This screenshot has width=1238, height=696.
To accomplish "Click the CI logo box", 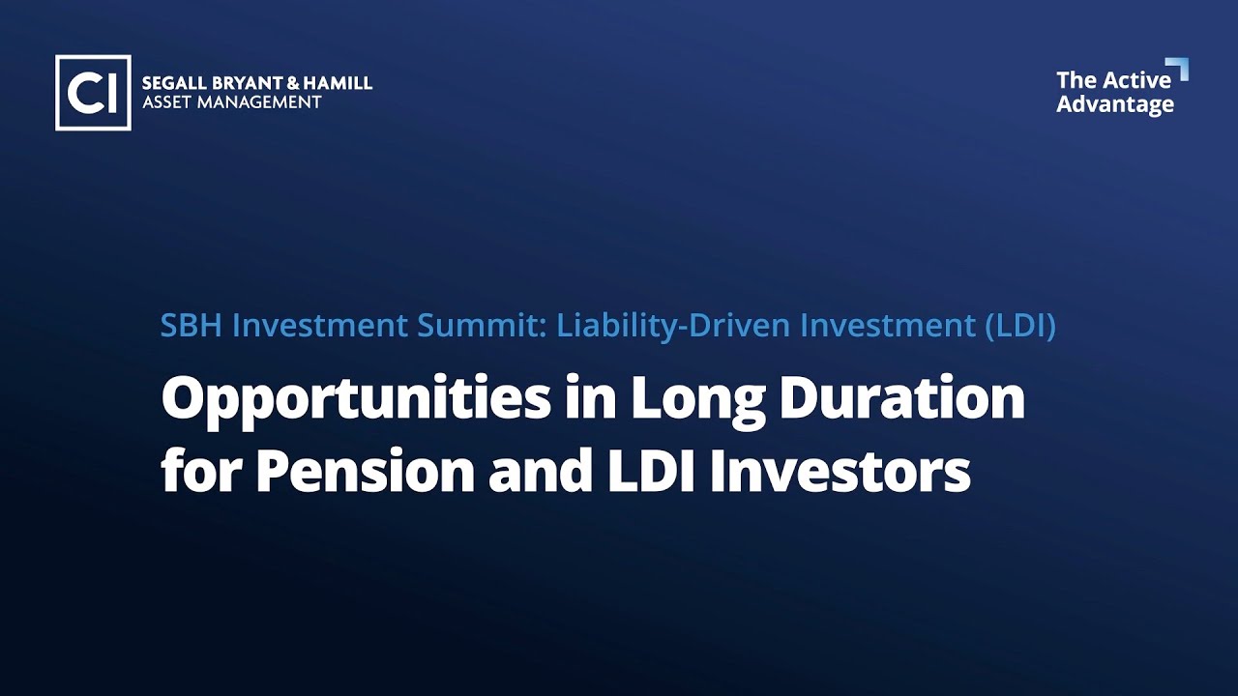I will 93,93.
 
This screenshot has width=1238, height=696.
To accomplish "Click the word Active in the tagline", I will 1138,79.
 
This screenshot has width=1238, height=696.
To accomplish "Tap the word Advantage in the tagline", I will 1114,104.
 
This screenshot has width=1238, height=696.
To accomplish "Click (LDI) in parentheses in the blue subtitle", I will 1019,326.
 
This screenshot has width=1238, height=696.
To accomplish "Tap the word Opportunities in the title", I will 356,399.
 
